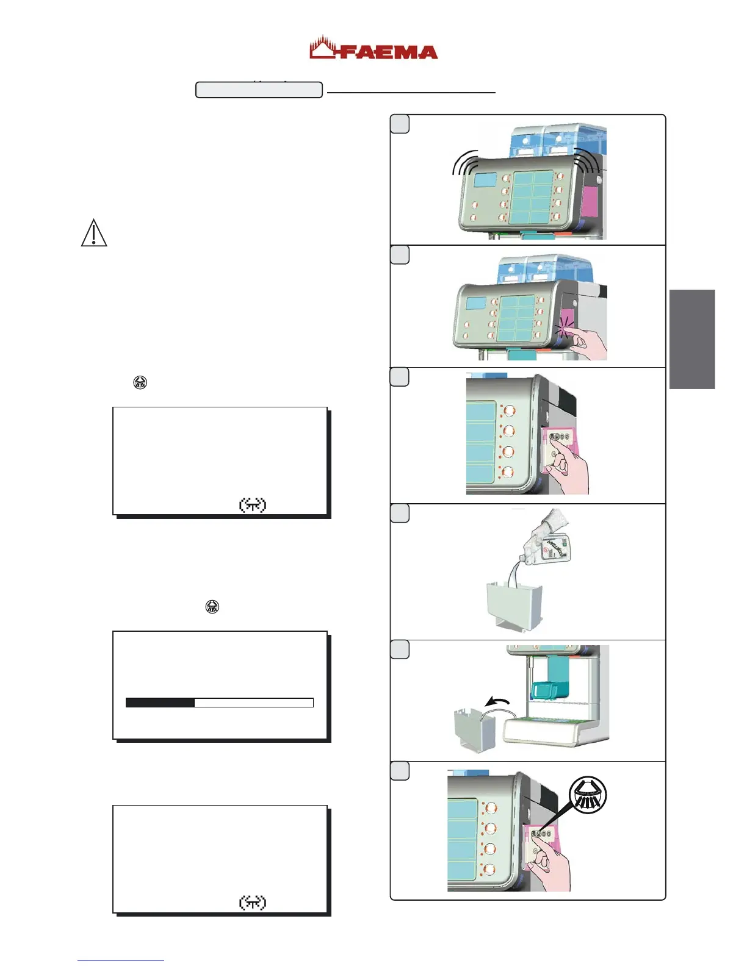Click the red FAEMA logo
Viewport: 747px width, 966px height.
(374, 49)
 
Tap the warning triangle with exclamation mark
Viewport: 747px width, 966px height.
(94, 233)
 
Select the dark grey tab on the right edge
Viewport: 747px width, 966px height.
(691, 339)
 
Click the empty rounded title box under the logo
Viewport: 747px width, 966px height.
(259, 90)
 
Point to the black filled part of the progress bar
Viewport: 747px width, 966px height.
(160, 703)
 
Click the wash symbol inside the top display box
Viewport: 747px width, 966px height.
(252, 505)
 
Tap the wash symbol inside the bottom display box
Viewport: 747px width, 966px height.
(252, 902)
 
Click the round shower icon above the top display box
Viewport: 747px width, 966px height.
(140, 383)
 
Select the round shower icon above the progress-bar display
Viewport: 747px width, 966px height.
(212, 607)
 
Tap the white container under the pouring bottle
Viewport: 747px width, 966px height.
(513, 606)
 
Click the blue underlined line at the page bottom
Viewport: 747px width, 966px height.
(120, 961)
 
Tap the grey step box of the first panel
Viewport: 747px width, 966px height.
(400, 124)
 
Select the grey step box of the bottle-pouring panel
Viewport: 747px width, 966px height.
(400, 513)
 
